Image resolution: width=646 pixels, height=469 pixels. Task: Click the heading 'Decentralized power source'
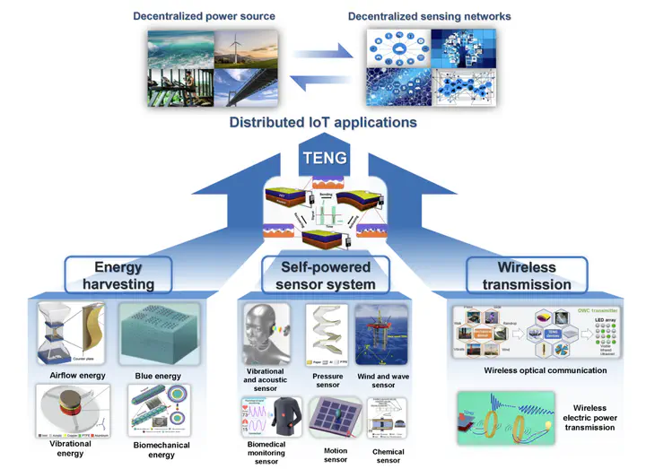pyautogui.click(x=204, y=15)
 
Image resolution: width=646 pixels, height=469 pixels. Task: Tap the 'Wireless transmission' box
pyautogui.click(x=527, y=275)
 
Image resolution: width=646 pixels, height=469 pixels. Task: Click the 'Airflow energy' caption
pyautogui.click(x=74, y=376)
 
